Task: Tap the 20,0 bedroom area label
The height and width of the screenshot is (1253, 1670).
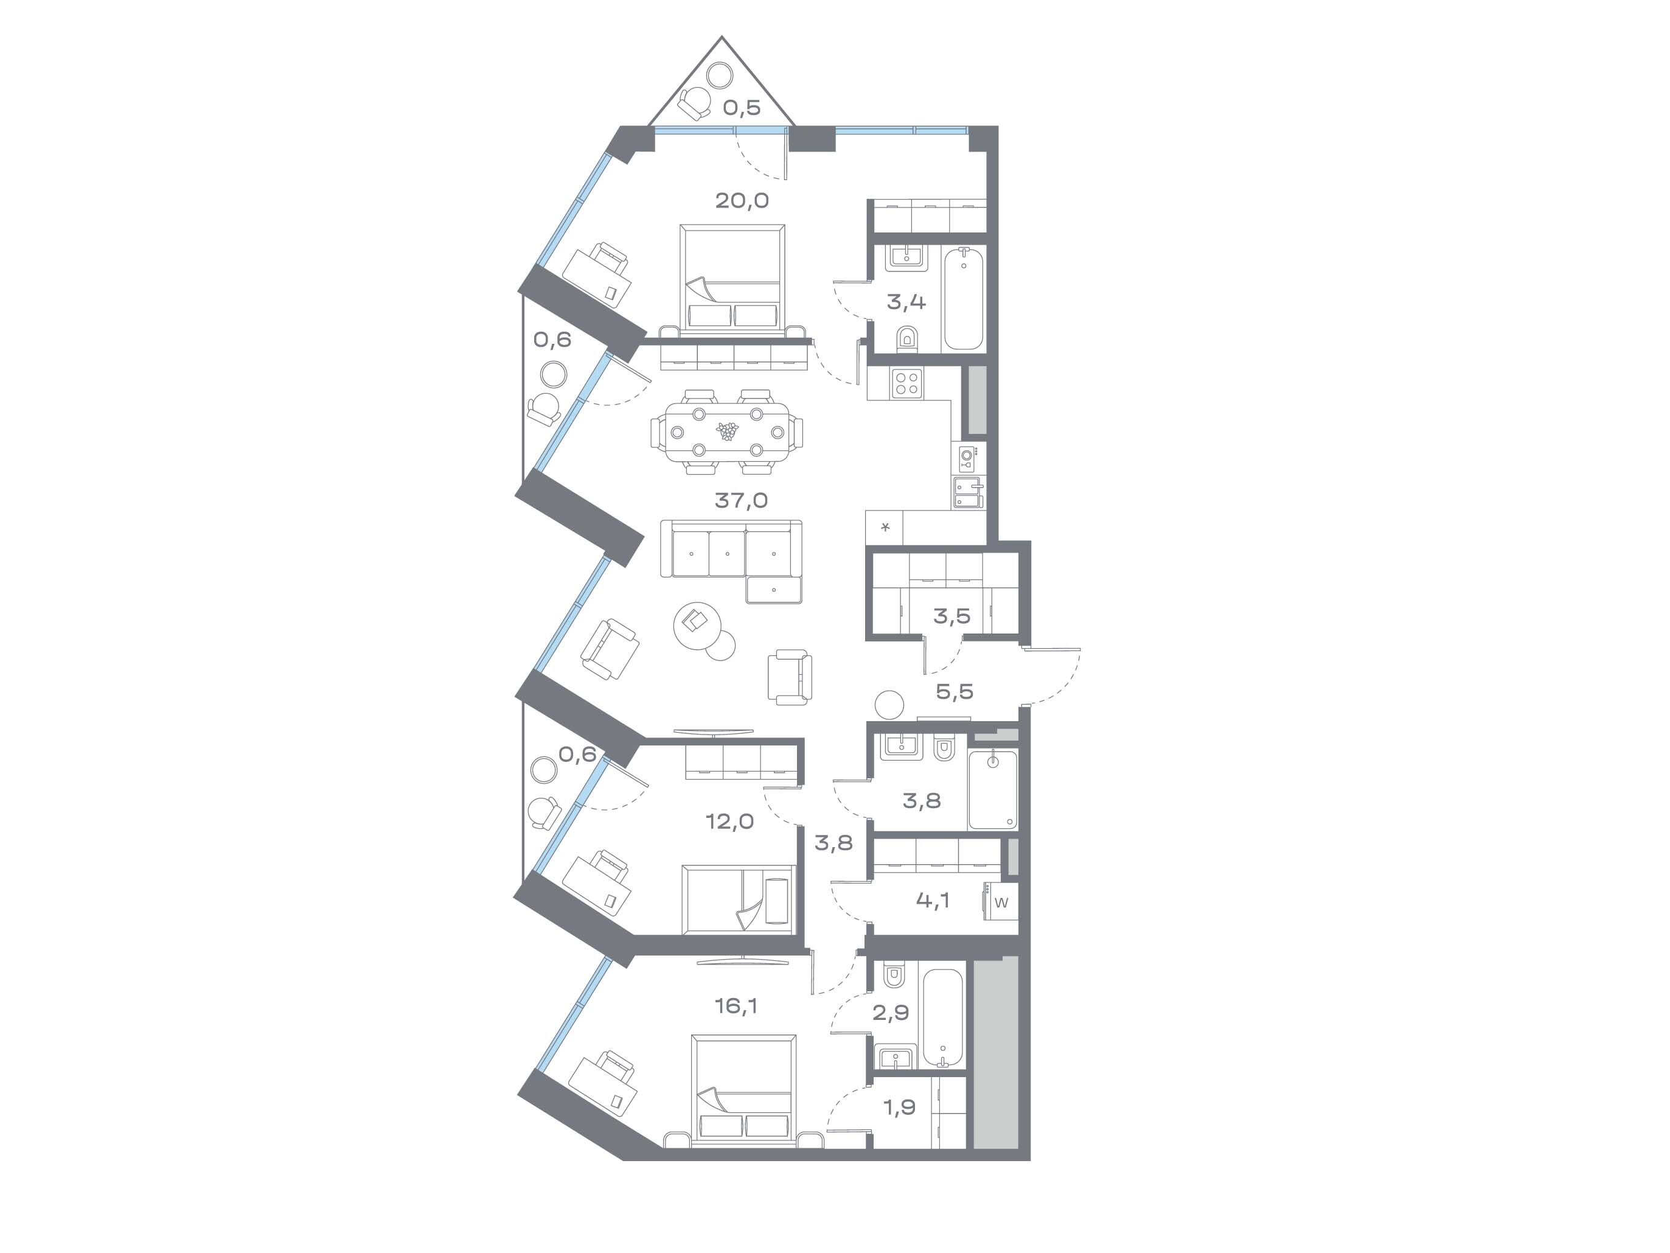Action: [742, 200]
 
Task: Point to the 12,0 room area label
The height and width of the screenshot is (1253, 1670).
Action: [729, 821]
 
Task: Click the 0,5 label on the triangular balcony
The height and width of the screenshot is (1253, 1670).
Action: [742, 107]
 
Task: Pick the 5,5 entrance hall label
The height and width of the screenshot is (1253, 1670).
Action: [955, 691]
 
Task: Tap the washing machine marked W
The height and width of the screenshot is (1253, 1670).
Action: [1000, 902]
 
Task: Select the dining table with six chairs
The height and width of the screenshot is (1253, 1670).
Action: [727, 432]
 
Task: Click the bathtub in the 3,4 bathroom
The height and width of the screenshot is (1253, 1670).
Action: [963, 298]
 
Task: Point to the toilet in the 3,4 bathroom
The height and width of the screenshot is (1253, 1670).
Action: [906, 339]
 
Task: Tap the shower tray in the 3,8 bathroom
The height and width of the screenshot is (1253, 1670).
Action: [992, 790]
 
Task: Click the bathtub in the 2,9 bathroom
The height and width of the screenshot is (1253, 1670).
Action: [942, 1017]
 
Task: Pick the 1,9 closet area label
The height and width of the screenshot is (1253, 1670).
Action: [899, 1107]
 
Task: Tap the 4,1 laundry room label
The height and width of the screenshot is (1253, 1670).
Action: [933, 900]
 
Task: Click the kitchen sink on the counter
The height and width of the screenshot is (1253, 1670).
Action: [968, 492]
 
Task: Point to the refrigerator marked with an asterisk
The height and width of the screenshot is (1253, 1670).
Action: [885, 527]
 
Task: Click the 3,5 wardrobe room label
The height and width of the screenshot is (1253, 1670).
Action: [952, 616]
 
